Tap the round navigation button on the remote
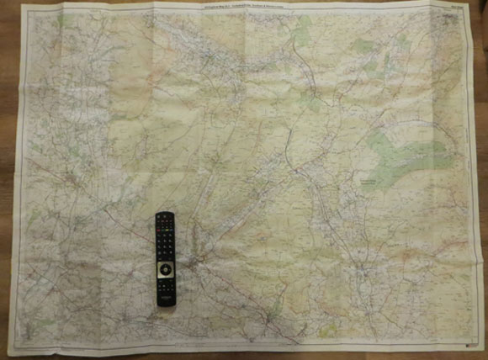coord(166,268)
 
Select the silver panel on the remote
coord(166,271)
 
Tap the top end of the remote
coord(164,215)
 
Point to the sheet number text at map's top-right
coord(437,8)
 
